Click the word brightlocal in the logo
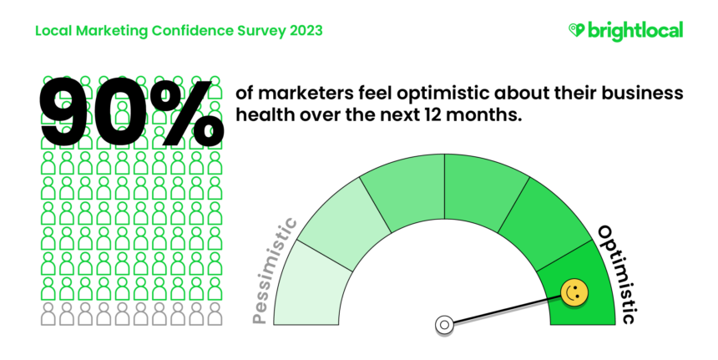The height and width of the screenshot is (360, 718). (635, 30)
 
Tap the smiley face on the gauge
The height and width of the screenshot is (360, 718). (574, 292)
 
